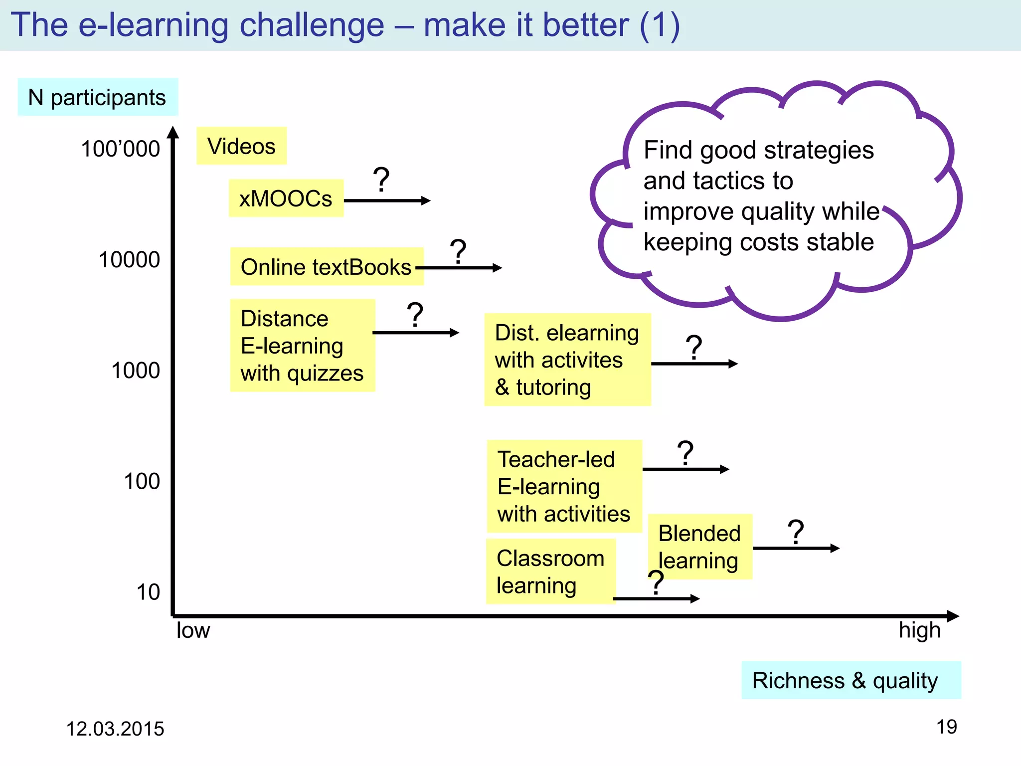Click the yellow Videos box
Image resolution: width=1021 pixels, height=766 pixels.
241,146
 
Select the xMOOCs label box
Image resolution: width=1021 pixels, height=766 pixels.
286,198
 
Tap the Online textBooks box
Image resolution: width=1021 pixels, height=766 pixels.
326,267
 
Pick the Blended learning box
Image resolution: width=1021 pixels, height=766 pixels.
699,547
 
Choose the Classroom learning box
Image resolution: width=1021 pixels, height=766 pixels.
550,572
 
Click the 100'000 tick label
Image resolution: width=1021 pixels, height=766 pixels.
120,149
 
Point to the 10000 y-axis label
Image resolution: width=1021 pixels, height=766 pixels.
129,260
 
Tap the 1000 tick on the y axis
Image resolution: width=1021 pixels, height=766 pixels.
135,371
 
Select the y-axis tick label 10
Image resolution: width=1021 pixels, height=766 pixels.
148,592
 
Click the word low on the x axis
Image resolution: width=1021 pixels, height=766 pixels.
193,630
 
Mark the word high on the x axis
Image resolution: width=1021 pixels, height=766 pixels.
919,630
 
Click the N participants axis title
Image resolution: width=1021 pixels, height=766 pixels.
97,97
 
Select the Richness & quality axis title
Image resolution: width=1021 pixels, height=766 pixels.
845,680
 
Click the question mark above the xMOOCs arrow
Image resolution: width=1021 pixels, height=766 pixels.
381,180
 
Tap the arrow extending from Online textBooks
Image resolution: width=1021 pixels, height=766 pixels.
459,268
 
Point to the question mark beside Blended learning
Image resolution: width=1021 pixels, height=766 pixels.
796,532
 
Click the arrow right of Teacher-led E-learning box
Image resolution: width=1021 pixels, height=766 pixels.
685,469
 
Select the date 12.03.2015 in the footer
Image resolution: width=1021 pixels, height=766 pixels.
115,729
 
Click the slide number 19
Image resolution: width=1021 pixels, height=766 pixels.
946,727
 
